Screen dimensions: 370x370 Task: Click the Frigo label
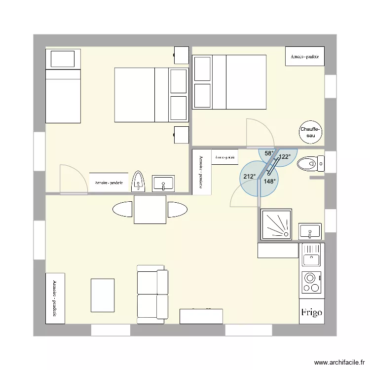312,312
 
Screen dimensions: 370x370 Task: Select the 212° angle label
249,177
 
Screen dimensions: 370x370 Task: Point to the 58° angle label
269,153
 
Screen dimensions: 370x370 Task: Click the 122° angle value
285,157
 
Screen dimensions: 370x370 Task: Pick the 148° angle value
269,181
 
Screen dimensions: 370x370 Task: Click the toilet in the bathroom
311,163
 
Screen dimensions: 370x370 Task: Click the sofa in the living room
152,294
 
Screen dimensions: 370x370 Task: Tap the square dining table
149,210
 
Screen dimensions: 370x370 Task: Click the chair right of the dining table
177,210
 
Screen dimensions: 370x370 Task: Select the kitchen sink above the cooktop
312,255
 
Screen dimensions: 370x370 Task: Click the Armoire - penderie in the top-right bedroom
305,56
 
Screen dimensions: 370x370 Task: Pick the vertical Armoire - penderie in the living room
55,298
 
